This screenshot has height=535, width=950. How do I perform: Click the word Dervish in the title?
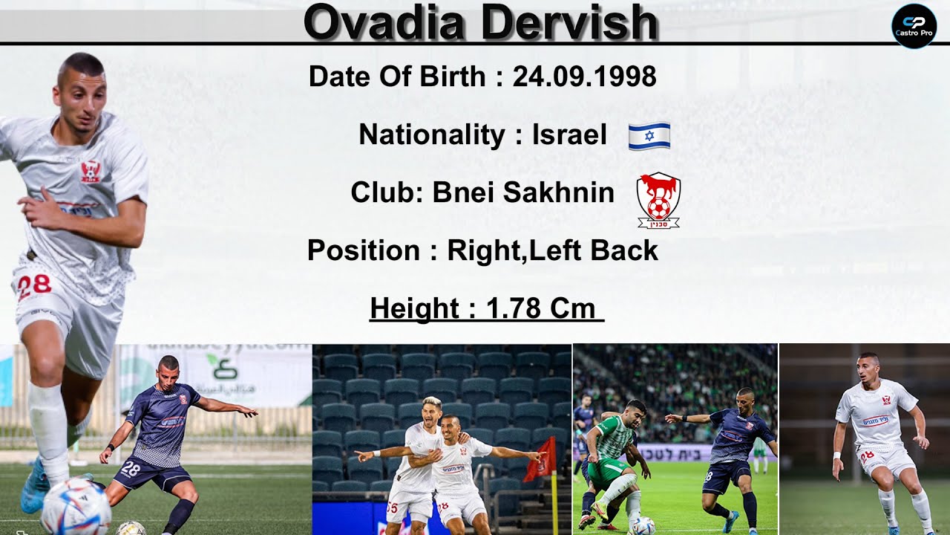point(569,22)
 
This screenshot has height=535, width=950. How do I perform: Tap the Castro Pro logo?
point(914,26)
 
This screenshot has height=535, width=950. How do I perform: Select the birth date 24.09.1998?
point(584,77)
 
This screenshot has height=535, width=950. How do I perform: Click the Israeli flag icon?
point(649,136)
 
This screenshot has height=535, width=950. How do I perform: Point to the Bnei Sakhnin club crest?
point(658,199)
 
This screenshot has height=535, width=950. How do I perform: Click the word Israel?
point(569,134)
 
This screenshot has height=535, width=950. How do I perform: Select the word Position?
point(364,251)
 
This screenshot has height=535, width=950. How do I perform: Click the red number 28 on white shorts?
point(33,286)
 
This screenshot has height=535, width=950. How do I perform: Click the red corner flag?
point(542,459)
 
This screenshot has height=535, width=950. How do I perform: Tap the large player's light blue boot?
point(35,487)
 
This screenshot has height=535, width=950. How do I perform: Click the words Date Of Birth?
point(397,77)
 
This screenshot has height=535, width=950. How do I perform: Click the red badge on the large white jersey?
point(91,172)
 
